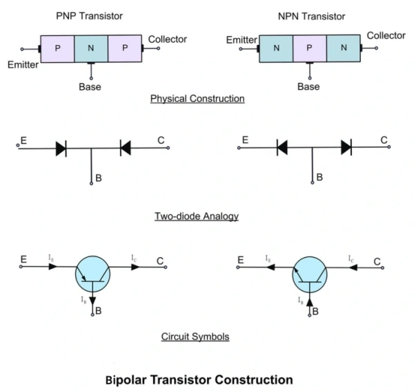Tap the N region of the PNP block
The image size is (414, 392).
pos(90,48)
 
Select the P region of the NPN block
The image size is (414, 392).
pos(310,48)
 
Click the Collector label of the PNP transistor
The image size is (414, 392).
pos(167,39)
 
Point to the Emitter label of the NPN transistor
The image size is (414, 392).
pos(241,41)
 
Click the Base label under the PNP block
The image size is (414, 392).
pos(89,87)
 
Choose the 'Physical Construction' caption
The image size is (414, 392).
pos(197,99)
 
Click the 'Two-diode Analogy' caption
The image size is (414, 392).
pos(197,216)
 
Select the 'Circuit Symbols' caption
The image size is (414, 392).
pos(195,337)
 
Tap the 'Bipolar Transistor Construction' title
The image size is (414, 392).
pos(199,380)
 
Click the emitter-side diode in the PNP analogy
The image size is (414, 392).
pos(61,147)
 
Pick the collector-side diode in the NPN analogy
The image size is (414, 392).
pos(346,147)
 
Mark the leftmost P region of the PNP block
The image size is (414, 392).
pos(57,48)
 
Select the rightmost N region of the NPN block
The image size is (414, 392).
pos(343,48)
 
